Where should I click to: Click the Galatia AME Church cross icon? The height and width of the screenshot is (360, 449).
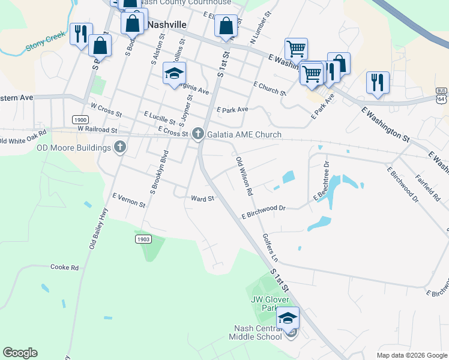click(197, 135)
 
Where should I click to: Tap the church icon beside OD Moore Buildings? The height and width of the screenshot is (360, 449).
click(120, 147)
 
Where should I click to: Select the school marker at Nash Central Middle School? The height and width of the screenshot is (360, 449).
click(288, 318)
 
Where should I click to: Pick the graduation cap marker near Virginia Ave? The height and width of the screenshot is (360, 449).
click(174, 74)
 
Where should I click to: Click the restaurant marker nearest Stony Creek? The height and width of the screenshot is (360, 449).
click(80, 34)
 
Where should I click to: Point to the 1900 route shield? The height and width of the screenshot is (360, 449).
click(80, 119)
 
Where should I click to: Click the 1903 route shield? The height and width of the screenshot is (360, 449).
click(142, 239)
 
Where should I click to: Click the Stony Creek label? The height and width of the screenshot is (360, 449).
click(44, 42)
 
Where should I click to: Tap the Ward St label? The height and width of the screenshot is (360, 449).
click(202, 199)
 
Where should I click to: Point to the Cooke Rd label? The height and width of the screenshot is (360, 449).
click(65, 267)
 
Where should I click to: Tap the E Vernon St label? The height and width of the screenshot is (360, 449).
click(128, 200)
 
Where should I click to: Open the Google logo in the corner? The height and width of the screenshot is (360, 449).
click(20, 353)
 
